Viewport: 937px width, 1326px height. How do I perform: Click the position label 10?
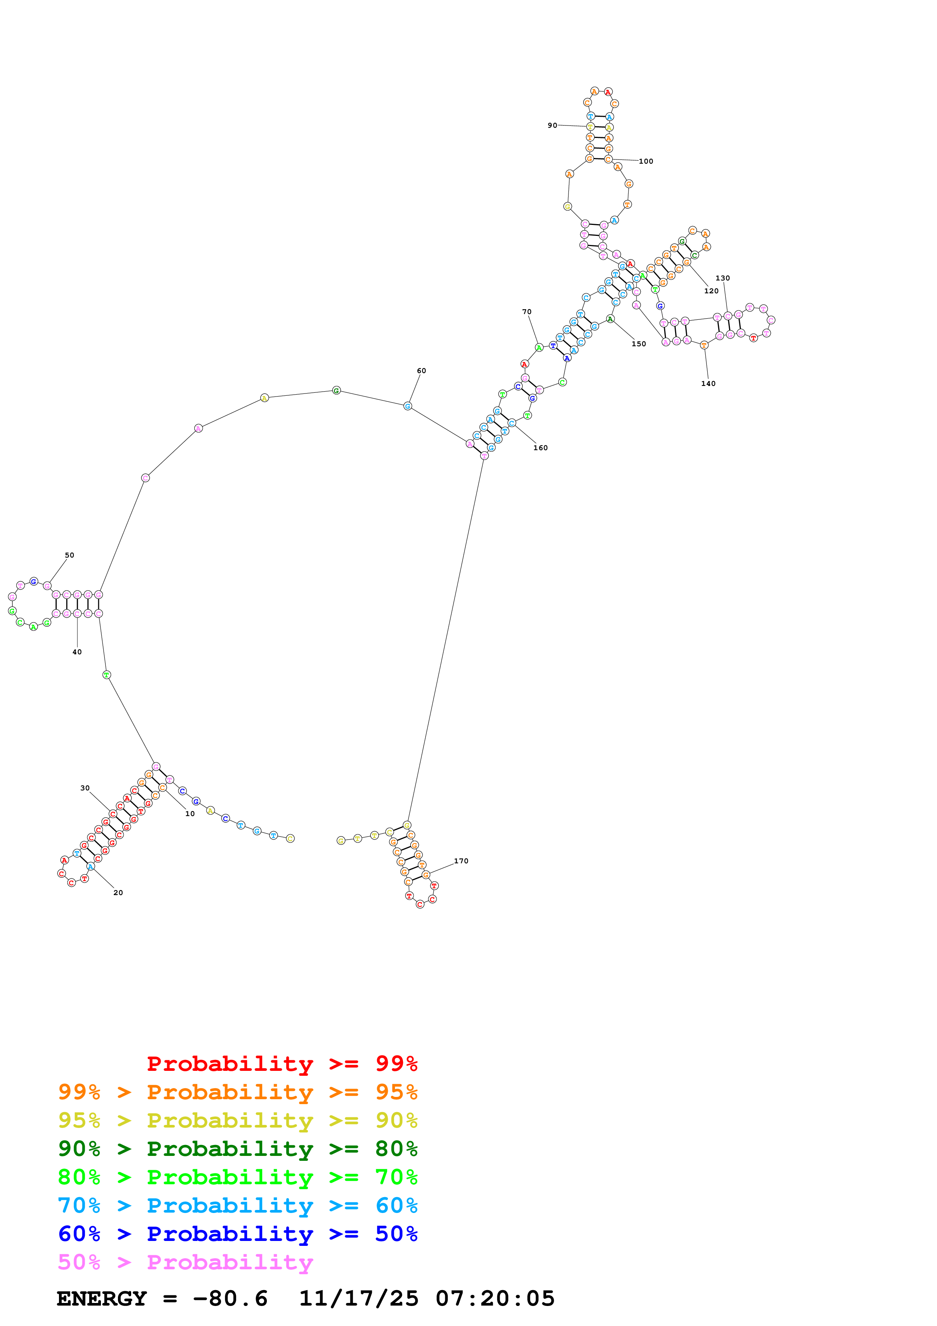(190, 814)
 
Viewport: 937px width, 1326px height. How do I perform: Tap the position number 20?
(118, 892)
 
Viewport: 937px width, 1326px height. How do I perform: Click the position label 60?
(421, 371)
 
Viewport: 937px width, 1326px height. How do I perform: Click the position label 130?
(723, 278)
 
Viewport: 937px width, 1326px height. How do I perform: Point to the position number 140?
(708, 384)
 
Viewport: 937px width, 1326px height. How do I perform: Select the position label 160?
(541, 448)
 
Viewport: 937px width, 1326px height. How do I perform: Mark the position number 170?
(461, 861)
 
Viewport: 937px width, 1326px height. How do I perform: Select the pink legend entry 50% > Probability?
(185, 1262)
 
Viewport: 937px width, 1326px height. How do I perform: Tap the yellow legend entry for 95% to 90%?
(237, 1120)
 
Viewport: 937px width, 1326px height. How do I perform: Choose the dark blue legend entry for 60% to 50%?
(237, 1234)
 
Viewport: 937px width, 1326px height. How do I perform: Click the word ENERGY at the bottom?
(102, 1298)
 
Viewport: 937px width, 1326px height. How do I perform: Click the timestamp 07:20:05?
(495, 1298)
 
